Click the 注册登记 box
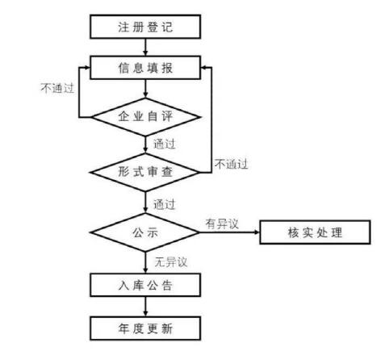coord(145,27)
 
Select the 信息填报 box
coord(145,68)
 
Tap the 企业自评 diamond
coord(145,117)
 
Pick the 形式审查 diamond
coord(145,172)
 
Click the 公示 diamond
coord(145,232)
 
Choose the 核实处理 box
coord(315,232)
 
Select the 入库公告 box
coord(145,285)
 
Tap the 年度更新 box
coord(145,329)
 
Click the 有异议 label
coord(222,224)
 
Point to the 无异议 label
coord(171,262)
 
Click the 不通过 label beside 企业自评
coord(57,88)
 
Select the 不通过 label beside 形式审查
coord(231,164)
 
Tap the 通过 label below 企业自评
coord(165,144)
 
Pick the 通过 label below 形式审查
coord(165,204)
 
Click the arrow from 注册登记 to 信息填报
coord(145,48)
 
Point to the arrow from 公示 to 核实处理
coord(229,232)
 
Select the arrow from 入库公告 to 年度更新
coord(145,307)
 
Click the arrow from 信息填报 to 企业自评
coord(145,89)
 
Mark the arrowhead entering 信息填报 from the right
coord(203,67)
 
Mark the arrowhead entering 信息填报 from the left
coord(87,67)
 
